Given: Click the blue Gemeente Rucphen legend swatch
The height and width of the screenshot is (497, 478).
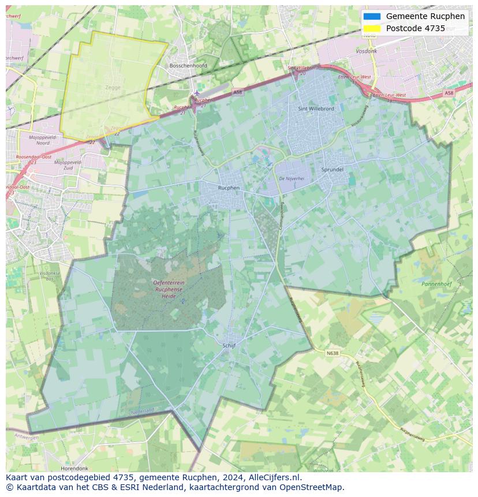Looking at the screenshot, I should tap(372, 16).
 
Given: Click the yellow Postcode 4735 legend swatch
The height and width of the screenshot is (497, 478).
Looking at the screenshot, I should tap(372, 28).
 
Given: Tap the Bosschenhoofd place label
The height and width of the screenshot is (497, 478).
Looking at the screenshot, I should tap(188, 66).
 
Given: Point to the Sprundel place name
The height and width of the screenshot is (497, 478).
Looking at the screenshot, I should tap(333, 170).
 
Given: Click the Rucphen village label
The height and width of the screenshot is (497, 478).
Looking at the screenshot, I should tap(229, 188).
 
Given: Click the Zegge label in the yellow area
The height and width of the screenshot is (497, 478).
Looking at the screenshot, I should tap(113, 88).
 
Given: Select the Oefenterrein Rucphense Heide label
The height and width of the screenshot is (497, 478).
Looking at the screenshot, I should tap(169, 289).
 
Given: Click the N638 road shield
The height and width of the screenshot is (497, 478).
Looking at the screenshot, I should tap(333, 353).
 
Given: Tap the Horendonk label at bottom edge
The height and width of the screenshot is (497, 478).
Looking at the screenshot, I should tap(74, 468).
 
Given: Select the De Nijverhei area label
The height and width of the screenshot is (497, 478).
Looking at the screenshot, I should tap(292, 179).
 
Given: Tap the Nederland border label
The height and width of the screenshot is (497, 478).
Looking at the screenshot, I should tap(143, 411).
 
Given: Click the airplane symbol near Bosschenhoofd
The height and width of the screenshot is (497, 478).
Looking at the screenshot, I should tap(197, 93).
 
